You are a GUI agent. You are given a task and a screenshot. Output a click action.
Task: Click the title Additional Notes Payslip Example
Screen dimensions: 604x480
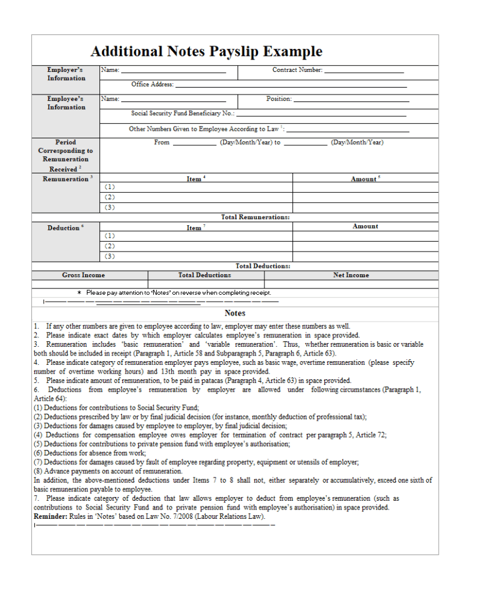tap(206, 51)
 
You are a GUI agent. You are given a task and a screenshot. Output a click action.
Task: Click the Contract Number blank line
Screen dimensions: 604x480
tap(364, 72)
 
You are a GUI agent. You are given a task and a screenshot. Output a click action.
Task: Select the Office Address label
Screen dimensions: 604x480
tap(152, 84)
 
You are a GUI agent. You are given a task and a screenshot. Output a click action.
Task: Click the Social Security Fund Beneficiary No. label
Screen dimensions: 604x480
tap(182, 114)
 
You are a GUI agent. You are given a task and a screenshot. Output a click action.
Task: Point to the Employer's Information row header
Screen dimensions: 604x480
tap(66, 74)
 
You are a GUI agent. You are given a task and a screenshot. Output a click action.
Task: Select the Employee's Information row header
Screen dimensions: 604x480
tap(66, 103)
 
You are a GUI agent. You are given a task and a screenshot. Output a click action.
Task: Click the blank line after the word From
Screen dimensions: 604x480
tap(194, 144)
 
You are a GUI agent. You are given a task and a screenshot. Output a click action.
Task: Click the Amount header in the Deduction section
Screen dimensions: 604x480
tap(365, 227)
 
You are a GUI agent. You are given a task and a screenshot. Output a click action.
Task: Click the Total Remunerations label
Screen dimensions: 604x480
tap(255, 217)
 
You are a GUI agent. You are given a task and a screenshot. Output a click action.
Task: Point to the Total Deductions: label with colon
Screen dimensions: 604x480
tap(262, 266)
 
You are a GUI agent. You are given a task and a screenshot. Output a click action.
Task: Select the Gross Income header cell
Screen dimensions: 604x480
tap(83, 275)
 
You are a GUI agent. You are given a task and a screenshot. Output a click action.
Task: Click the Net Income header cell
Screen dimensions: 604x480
tap(351, 275)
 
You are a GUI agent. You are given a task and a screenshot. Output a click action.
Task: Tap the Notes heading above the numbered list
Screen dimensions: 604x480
tap(235, 313)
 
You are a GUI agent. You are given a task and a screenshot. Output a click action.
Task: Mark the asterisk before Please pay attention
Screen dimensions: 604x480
tap(79, 293)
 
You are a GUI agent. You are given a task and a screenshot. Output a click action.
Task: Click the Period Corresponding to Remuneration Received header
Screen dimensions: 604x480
tap(66, 155)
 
